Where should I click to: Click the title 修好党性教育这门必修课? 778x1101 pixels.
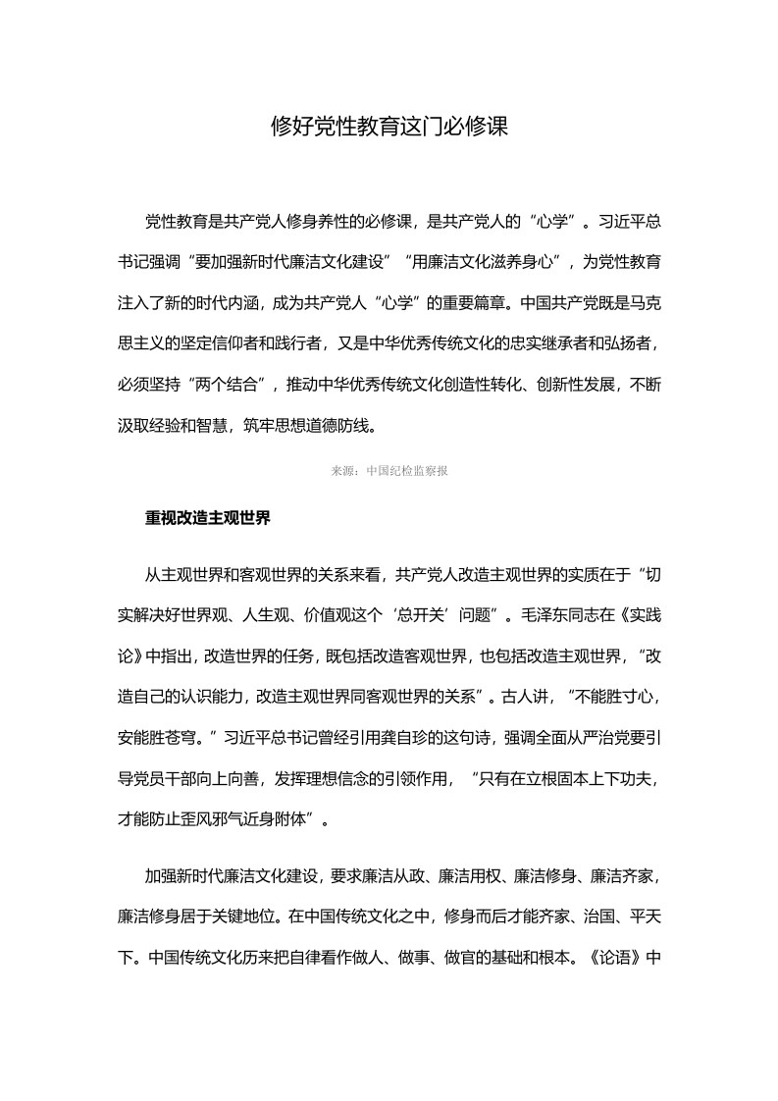click(389, 127)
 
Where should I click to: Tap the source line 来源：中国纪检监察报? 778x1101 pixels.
click(389, 471)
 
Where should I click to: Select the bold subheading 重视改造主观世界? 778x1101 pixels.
click(208, 517)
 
